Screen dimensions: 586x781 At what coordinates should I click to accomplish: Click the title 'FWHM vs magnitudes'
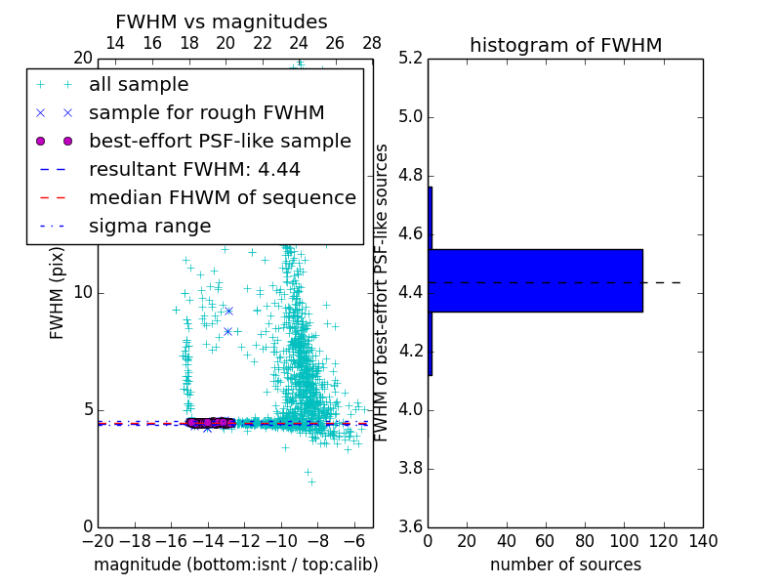222,22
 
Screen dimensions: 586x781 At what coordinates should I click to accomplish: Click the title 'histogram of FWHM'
565,46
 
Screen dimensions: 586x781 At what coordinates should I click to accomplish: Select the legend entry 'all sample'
139,85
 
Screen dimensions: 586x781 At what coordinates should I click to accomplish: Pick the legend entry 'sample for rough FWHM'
206,113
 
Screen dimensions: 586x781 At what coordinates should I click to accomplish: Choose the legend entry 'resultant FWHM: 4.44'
194,170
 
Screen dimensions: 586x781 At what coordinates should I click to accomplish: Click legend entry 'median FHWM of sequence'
222,198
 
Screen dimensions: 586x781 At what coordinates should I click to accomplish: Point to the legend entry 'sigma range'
149,227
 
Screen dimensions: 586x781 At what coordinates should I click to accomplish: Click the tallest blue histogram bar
536,280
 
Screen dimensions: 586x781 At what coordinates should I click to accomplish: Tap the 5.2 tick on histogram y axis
411,59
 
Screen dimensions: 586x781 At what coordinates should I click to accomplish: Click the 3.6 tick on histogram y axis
411,526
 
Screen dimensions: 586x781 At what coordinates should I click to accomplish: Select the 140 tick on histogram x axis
702,541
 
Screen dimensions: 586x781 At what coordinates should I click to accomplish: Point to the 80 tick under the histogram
585,541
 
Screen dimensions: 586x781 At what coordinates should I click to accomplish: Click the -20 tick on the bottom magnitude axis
98,541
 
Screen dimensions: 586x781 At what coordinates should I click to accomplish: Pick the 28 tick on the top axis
372,44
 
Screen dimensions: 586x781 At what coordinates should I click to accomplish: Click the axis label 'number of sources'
565,565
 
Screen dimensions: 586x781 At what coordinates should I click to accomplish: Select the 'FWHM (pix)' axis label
58,293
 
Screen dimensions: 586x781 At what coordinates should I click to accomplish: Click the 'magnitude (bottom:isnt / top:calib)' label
235,565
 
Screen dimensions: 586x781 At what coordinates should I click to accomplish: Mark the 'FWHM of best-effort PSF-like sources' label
383,292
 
